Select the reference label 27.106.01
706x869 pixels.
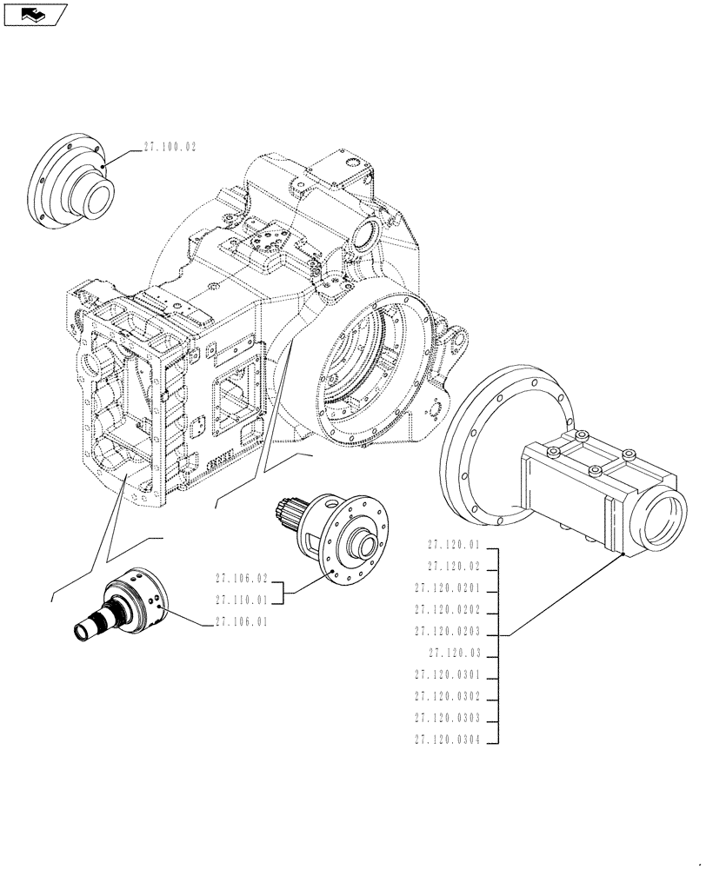[239, 621]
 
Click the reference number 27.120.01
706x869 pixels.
[453, 545]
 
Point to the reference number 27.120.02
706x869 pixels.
[453, 567]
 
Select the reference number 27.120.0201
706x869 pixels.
[447, 588]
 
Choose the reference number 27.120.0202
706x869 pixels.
[447, 610]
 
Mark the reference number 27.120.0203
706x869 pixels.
[447, 633]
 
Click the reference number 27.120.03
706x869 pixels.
[453, 653]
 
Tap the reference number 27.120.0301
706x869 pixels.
[447, 675]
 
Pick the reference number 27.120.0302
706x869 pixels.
[447, 697]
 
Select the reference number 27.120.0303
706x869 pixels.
[447, 719]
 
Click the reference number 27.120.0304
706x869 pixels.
[447, 740]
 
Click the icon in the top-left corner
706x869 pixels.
[35, 15]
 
